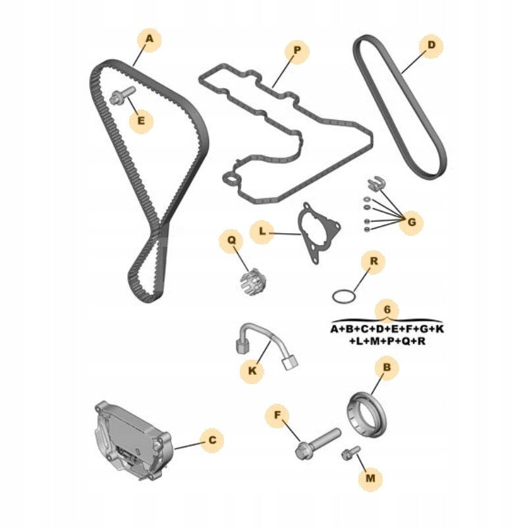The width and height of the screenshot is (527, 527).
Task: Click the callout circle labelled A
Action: [150, 40]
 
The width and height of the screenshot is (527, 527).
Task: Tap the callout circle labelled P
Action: [296, 50]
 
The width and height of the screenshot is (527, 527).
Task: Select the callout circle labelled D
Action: [431, 45]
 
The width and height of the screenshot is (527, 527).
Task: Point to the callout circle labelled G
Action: [412, 223]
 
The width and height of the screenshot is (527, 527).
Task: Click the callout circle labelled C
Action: [212, 440]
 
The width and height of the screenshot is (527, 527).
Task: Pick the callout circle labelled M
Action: [370, 478]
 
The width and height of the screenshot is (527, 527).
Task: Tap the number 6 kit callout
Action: [387, 309]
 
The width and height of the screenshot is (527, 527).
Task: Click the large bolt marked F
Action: [317, 443]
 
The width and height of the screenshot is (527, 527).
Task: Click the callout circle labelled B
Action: [387, 367]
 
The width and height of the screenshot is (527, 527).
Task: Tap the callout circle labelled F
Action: [278, 416]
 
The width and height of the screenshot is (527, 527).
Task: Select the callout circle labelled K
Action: [252, 372]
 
